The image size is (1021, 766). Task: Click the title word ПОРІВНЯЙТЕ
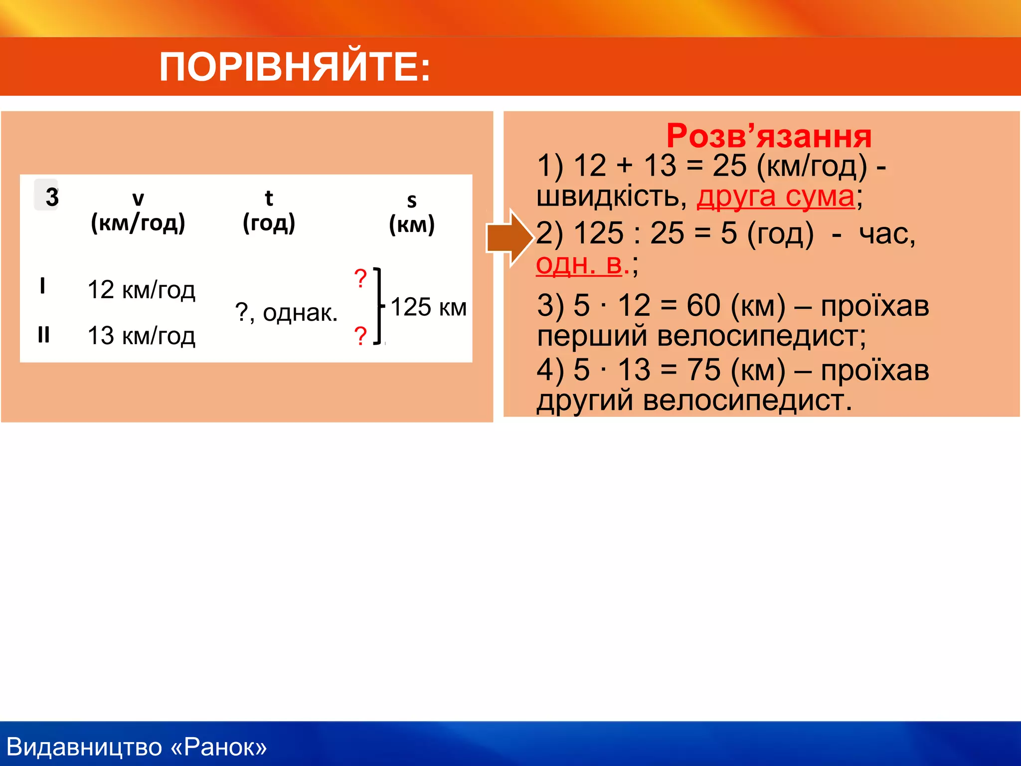294,67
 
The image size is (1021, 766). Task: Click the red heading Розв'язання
768,136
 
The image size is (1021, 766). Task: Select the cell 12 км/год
141,290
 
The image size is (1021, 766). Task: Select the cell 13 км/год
141,336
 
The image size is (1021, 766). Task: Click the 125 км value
428,307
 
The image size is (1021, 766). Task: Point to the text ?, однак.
286,313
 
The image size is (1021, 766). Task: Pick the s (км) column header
412,213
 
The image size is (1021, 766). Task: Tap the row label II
44,335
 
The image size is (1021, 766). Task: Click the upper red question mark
360,278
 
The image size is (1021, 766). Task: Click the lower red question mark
360,336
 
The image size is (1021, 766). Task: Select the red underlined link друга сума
775,196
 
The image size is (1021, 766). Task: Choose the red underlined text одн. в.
579,264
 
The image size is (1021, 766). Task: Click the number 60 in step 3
703,305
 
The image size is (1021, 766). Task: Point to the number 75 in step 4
703,370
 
